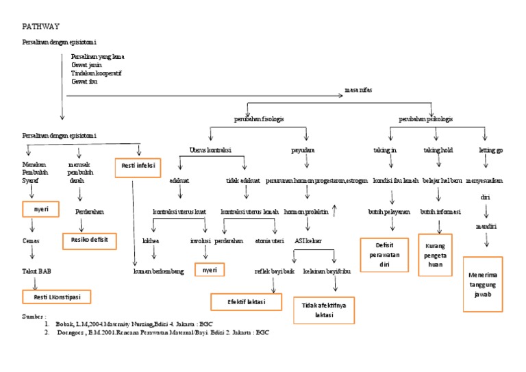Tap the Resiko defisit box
tap(90, 240)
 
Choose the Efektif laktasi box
tap(247, 302)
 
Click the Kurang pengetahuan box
tap(435, 254)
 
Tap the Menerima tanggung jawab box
tap(484, 284)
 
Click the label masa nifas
tap(358, 90)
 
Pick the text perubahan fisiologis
tap(259, 119)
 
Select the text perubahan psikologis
tap(425, 119)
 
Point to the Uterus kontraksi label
tap(210, 149)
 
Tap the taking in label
tap(385, 149)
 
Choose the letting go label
tap(491, 149)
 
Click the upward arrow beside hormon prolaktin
tap(334, 210)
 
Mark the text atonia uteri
tap(269, 241)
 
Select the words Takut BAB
tap(36, 271)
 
